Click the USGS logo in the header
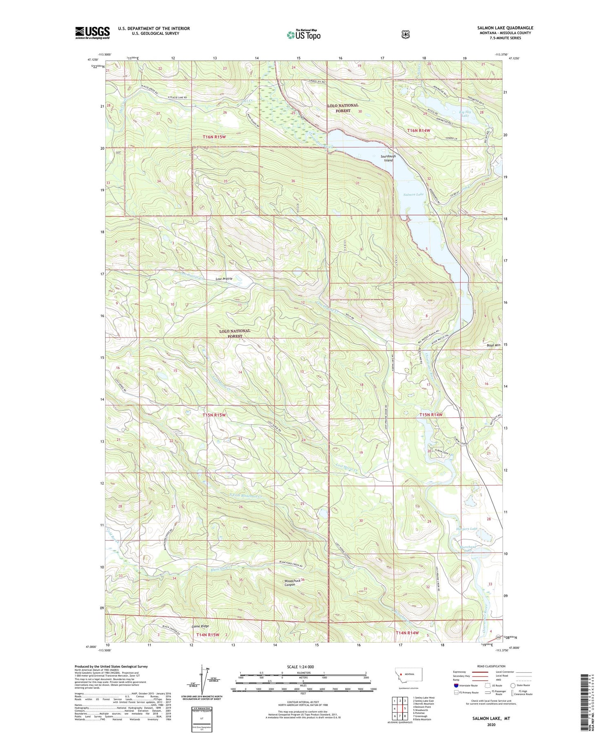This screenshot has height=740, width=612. pos(92,33)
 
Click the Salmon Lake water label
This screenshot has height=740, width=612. pos(413,194)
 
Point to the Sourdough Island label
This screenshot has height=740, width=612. pos(388,158)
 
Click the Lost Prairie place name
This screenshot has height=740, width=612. pos(224,279)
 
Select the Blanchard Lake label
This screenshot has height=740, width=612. pos(468,549)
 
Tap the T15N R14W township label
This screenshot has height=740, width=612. pos(431,415)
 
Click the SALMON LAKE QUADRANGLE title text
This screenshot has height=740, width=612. pos(505,28)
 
